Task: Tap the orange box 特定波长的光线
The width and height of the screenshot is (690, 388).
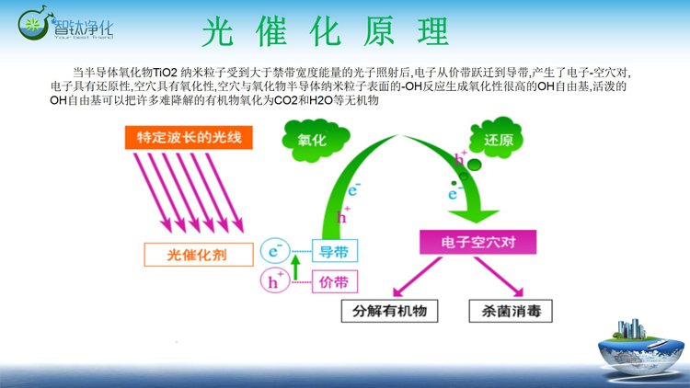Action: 188,137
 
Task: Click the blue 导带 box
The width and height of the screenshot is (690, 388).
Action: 334,251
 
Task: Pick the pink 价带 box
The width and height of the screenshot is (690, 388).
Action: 334,281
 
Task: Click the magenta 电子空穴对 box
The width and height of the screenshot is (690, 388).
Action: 477,243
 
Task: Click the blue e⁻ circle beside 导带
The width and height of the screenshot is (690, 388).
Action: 274,250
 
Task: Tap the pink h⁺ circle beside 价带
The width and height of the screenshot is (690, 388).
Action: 274,281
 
